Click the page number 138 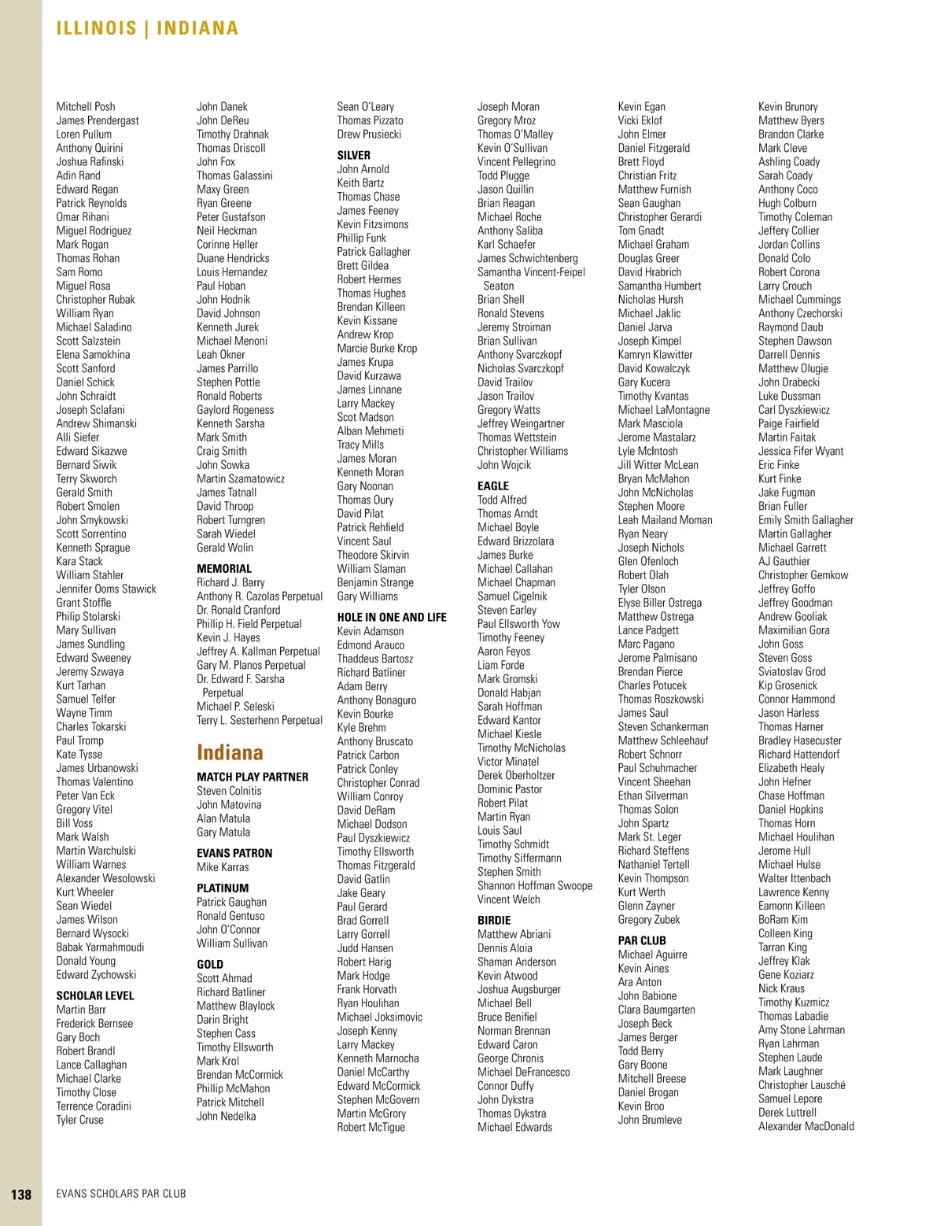[x=21, y=1194]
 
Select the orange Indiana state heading [x=230, y=752]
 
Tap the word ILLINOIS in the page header [x=97, y=28]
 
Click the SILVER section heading [x=353, y=155]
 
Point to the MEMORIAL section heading [x=224, y=568]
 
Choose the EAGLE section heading [x=493, y=486]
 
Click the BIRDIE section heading [x=494, y=920]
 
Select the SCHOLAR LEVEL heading [x=95, y=995]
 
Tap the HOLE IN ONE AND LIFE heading [x=392, y=617]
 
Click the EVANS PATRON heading [x=234, y=853]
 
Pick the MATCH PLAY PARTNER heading [x=253, y=777]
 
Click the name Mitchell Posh [x=86, y=106]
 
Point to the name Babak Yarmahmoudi [x=100, y=947]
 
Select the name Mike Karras [x=223, y=867]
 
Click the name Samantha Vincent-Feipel [x=531, y=272]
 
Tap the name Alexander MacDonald [x=806, y=1126]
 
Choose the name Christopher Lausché [x=802, y=1084]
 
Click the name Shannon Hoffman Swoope [x=535, y=885]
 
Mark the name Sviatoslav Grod [x=791, y=671]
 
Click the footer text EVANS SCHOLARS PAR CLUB [x=121, y=1194]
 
